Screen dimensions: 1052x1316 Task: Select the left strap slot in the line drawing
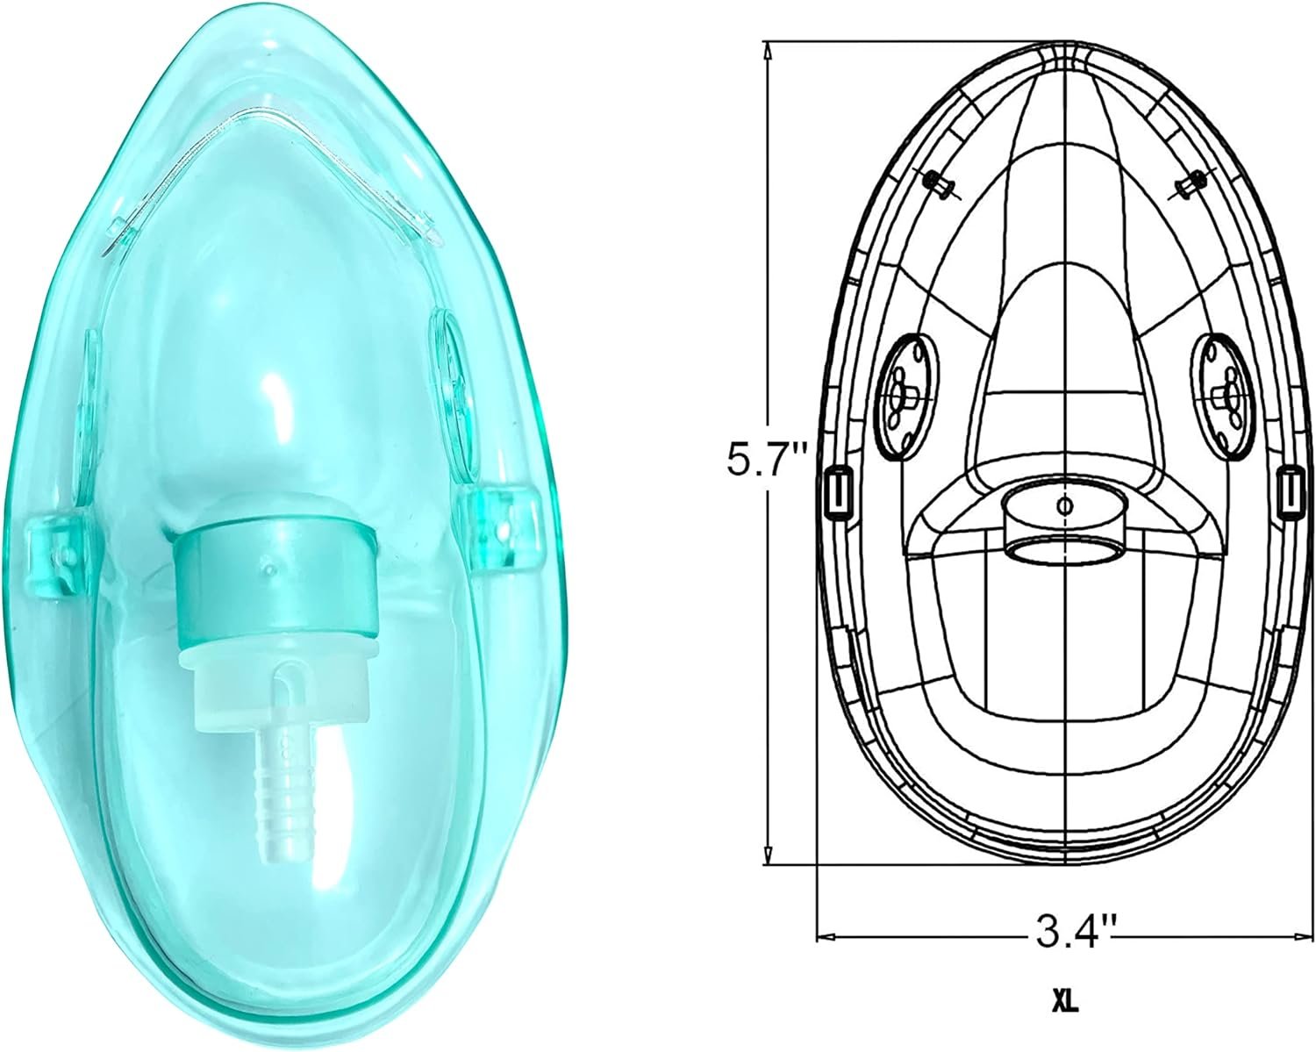[840, 491]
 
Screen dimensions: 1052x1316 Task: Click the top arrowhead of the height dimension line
[769, 51]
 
